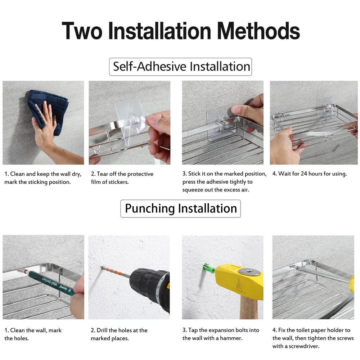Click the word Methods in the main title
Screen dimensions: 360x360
[x=258, y=31]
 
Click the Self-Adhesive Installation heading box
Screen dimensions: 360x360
[x=180, y=67]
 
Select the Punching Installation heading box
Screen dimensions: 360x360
[x=180, y=208]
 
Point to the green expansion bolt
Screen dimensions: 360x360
[x=209, y=269]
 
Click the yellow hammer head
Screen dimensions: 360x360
[x=239, y=282]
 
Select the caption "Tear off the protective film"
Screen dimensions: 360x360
[x=122, y=178]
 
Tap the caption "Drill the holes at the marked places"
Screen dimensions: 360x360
[x=119, y=334]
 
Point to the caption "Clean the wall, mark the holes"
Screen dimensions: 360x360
[x=33, y=334]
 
